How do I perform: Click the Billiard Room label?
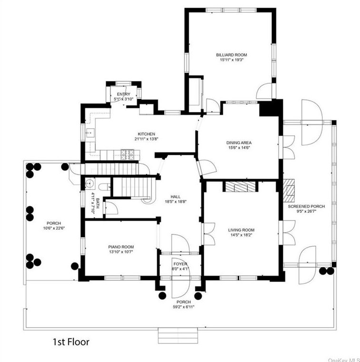point(231,55)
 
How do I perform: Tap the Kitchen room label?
point(147,134)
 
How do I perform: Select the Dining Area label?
point(239,143)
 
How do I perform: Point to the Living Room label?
point(241,230)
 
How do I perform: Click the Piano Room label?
point(121,247)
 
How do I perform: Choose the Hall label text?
point(176,197)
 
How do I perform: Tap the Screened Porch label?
point(306,206)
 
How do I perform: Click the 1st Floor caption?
point(71,342)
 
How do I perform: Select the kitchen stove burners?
point(128,154)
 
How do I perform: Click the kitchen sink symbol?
point(90,133)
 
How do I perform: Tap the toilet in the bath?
point(105,187)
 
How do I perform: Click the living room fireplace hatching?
point(240,187)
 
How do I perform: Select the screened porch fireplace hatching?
point(289,191)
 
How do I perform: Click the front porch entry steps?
point(178,335)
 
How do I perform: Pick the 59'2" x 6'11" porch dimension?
point(184,307)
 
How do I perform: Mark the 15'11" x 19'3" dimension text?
point(232,60)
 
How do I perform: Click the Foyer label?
point(180,264)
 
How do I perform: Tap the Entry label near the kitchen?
point(123,94)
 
